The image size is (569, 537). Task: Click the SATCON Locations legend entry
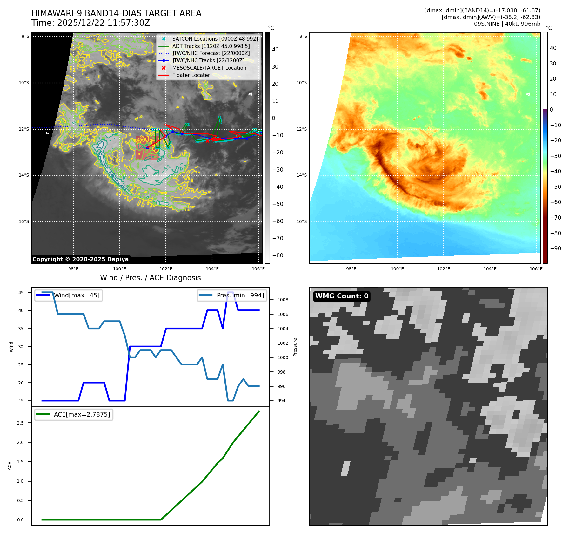(215, 39)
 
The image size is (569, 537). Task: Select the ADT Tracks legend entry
(211, 46)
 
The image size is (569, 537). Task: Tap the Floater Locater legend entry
(191, 75)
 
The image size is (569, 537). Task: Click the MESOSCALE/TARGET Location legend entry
(209, 68)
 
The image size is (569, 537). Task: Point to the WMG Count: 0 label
(342, 296)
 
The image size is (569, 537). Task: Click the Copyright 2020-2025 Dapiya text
(80, 259)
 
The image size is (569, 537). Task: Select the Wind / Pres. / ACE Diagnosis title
(150, 278)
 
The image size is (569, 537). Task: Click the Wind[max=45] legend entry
(77, 295)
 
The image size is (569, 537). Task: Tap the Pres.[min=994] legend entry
(240, 295)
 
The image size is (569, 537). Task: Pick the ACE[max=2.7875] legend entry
(82, 414)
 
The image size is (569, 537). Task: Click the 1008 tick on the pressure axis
(283, 300)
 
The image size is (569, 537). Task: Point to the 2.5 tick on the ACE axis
(20, 423)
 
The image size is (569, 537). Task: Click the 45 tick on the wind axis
(21, 293)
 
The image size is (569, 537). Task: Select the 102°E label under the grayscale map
(166, 269)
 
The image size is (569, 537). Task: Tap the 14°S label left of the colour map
(302, 175)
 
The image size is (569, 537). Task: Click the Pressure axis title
(295, 347)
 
